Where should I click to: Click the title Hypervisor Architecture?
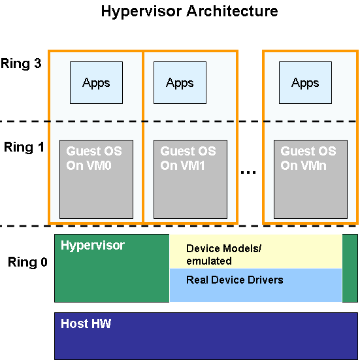coord(189,12)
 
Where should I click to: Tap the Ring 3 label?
coord(21,63)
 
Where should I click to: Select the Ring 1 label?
coord(24,147)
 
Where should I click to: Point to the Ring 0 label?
coord(27,262)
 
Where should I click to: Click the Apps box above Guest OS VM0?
coord(96,83)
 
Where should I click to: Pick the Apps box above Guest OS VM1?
coord(180,83)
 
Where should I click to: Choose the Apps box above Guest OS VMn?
coord(305,83)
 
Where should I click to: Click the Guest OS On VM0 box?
coord(96,179)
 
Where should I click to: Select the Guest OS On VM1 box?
coord(190,179)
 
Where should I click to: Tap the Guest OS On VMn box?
coord(310,179)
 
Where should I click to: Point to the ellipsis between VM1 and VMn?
coord(248,172)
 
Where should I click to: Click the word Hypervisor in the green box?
coord(93,246)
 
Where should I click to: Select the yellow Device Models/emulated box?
coord(255,252)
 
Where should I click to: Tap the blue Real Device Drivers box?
coord(255,285)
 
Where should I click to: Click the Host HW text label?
coord(86,323)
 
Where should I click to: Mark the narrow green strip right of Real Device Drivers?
coord(350,268)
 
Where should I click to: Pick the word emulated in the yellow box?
coord(209,261)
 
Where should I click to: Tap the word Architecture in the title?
coord(232,11)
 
